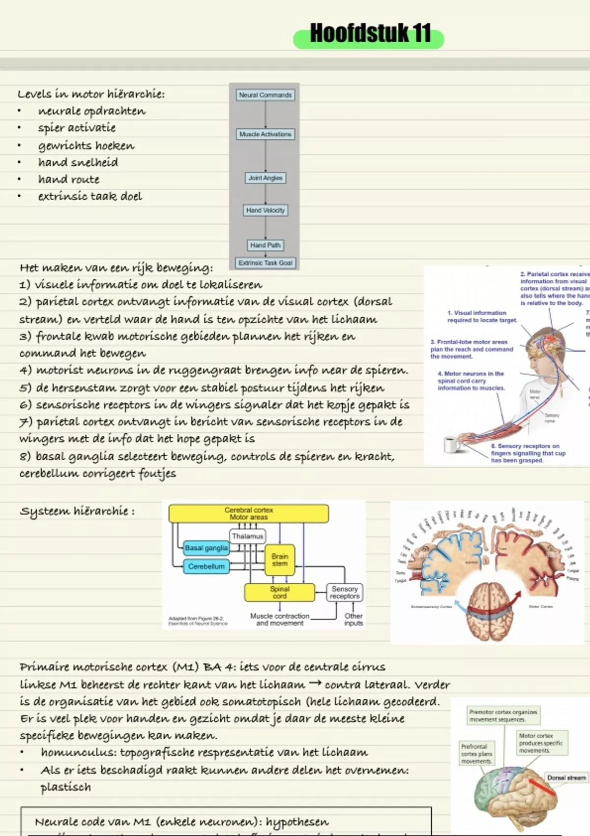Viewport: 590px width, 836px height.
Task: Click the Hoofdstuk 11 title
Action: tap(370, 34)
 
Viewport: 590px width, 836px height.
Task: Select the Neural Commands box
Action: tap(265, 95)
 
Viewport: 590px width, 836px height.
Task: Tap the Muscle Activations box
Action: tap(265, 134)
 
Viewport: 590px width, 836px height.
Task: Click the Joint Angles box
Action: tap(265, 178)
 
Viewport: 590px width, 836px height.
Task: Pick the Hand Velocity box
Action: tap(265, 210)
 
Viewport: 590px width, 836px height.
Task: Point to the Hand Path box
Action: tap(265, 245)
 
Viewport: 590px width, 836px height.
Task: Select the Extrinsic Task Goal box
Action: tap(265, 263)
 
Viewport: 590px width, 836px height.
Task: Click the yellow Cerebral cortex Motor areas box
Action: tap(249, 514)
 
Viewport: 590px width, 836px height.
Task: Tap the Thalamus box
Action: tap(248, 536)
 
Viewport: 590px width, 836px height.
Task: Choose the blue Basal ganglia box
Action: tap(206, 548)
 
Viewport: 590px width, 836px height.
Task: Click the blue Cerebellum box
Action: tap(206, 567)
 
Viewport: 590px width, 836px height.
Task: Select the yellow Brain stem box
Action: tap(280, 560)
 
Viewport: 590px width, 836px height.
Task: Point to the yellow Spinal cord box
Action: tap(279, 593)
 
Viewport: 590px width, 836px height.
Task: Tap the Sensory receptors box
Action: tap(345, 593)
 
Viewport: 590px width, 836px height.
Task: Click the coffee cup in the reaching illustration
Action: tap(451, 444)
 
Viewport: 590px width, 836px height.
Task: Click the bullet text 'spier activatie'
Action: tap(77, 128)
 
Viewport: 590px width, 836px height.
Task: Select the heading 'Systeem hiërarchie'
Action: tap(77, 511)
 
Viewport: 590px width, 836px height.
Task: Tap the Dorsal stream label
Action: tap(566, 778)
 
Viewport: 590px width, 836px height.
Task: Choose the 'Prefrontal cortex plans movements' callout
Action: tap(476, 754)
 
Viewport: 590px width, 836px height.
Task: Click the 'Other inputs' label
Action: tap(354, 620)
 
